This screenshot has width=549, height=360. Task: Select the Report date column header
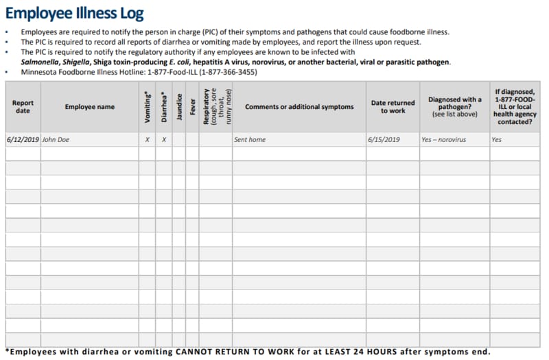pos(23,107)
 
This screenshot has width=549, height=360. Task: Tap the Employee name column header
pos(90,107)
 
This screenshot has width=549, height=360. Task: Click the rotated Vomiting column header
pos(147,107)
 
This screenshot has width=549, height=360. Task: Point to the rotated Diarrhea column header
pos(163,107)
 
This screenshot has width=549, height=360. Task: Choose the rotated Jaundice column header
pos(179,107)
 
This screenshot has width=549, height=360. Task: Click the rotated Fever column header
pos(192,107)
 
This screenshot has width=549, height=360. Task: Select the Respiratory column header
pos(216,107)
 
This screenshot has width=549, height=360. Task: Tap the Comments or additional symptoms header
pos(299,107)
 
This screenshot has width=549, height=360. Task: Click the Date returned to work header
pos(393,107)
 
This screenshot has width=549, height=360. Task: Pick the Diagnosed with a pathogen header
pos(454,107)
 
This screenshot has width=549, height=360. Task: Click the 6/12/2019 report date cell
pos(23,140)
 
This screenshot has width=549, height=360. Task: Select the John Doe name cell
pos(56,140)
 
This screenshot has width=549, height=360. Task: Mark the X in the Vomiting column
pos(147,140)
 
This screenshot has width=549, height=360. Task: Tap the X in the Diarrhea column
pos(163,140)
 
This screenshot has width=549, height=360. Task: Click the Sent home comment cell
pos(250,140)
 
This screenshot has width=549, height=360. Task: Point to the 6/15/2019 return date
pos(384,140)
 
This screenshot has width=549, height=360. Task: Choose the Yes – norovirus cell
pos(444,140)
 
